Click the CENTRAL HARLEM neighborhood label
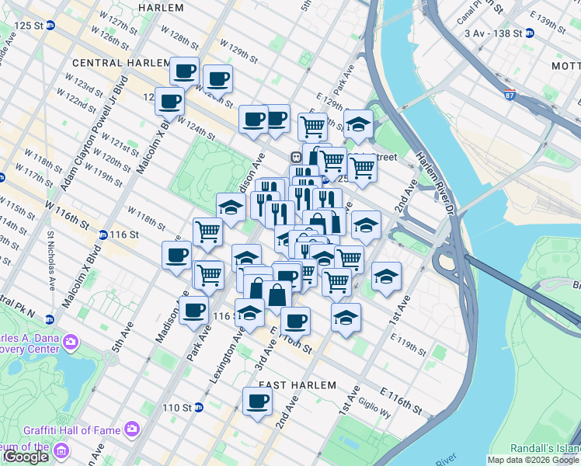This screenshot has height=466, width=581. tap(120, 62)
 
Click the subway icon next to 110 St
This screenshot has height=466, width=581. tap(198, 407)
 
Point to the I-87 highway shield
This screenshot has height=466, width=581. tap(509, 96)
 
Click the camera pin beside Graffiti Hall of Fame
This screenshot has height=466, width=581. tap(132, 428)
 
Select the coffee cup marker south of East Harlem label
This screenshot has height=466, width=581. tap(257, 402)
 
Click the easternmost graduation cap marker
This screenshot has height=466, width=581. tap(386, 276)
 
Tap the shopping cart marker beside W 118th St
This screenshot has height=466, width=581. tap(207, 231)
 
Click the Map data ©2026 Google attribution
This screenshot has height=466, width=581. tap(534, 460)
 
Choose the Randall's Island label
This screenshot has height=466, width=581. tap(545, 448)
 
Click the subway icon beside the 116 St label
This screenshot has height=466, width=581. tap(103, 235)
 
